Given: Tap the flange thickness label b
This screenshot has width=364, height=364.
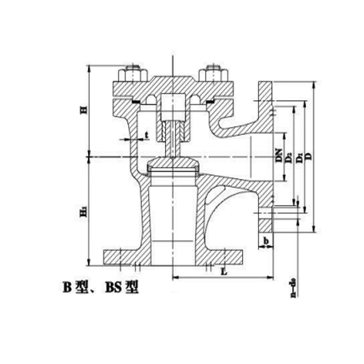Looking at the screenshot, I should (x=266, y=241).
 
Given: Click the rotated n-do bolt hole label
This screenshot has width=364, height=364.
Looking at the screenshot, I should (x=294, y=288).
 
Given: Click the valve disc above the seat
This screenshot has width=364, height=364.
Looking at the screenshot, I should (x=173, y=164).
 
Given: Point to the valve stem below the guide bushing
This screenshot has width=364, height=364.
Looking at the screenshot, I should (x=173, y=146).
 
